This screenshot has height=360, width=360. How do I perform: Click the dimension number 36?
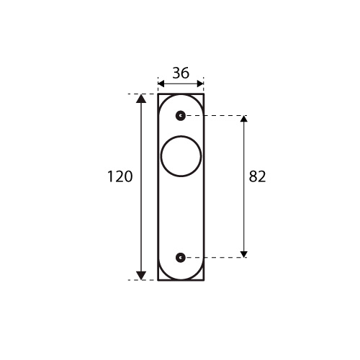181,73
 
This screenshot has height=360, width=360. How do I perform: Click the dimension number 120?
120,176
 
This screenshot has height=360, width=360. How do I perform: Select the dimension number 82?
257,176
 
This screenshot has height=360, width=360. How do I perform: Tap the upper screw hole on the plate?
181,116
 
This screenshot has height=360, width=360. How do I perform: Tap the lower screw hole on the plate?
181,258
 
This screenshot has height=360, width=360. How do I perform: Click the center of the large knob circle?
181,156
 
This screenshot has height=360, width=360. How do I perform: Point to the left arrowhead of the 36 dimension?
161,84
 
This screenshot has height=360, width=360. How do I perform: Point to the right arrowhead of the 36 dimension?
200,84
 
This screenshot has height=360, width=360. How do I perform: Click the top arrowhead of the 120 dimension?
141,99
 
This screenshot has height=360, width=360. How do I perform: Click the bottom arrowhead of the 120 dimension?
141,276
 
